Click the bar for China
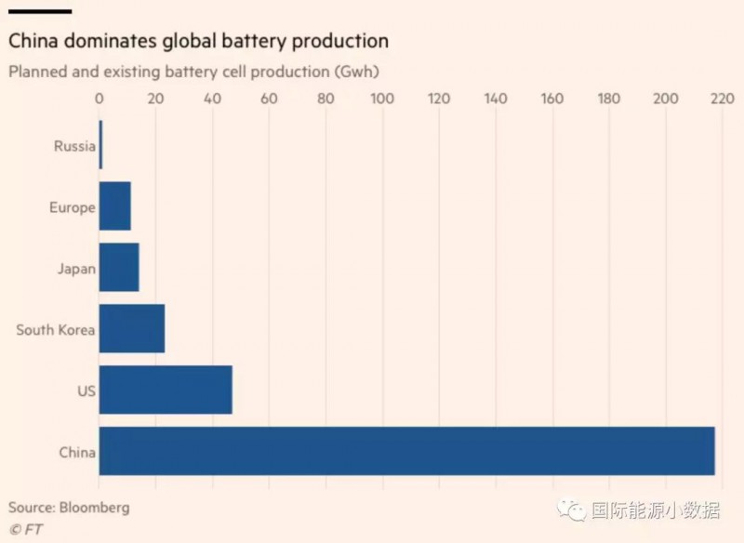click(406, 451)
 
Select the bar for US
click(165, 390)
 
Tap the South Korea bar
click(131, 328)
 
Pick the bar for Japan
click(118, 267)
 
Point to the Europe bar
click(114, 206)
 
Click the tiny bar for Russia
click(100, 145)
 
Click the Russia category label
click(74, 146)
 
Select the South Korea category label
click(56, 329)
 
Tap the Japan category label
click(76, 268)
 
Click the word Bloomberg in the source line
click(95, 508)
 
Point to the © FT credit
click(26, 529)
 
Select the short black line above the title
click(40, 11)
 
